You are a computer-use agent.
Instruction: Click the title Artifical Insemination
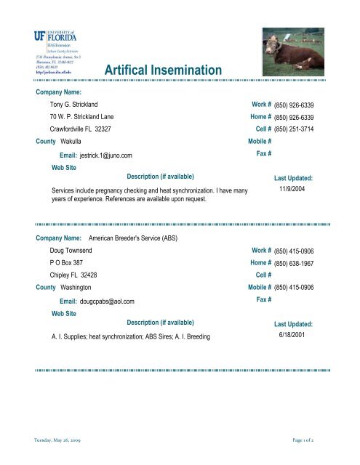[x=162, y=70]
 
